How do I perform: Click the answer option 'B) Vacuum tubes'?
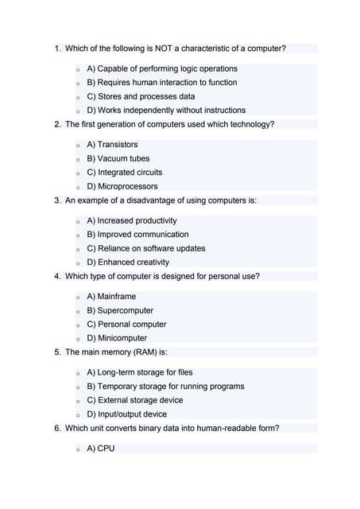(118, 158)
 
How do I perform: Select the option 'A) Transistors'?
(112, 145)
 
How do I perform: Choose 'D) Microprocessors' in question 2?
(122, 186)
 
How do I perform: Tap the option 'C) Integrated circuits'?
(124, 172)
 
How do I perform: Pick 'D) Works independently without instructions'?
(166, 111)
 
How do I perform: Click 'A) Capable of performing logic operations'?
(162, 69)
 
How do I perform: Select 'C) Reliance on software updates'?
(145, 248)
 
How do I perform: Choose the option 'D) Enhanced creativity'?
(128, 262)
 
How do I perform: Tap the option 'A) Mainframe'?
(111, 297)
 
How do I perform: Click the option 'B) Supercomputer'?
(120, 310)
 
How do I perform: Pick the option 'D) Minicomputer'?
(117, 338)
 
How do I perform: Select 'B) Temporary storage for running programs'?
(165, 387)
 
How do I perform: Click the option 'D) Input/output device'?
(127, 414)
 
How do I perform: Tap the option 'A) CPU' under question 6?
(101, 449)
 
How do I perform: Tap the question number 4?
(57, 277)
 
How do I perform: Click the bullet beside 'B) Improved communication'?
(78, 235)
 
